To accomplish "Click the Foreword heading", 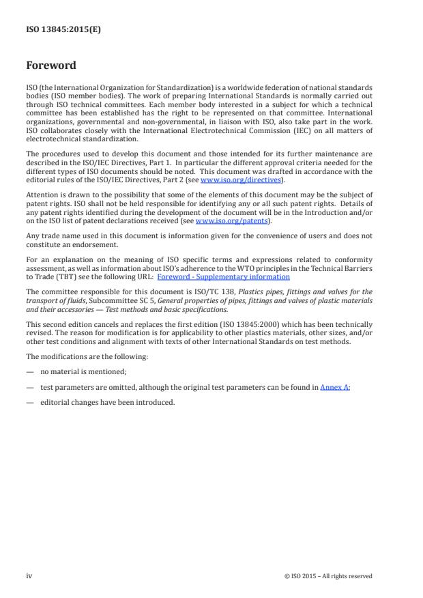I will click(51, 66).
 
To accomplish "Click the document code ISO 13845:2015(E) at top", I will click(63, 30).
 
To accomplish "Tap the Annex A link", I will click(335, 387).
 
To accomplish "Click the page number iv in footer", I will click(29, 575).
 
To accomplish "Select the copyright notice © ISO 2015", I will click(328, 576).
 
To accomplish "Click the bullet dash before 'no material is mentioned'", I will click(30, 372).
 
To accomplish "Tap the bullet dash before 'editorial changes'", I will click(30, 402).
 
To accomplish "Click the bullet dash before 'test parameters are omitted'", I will click(30, 387).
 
